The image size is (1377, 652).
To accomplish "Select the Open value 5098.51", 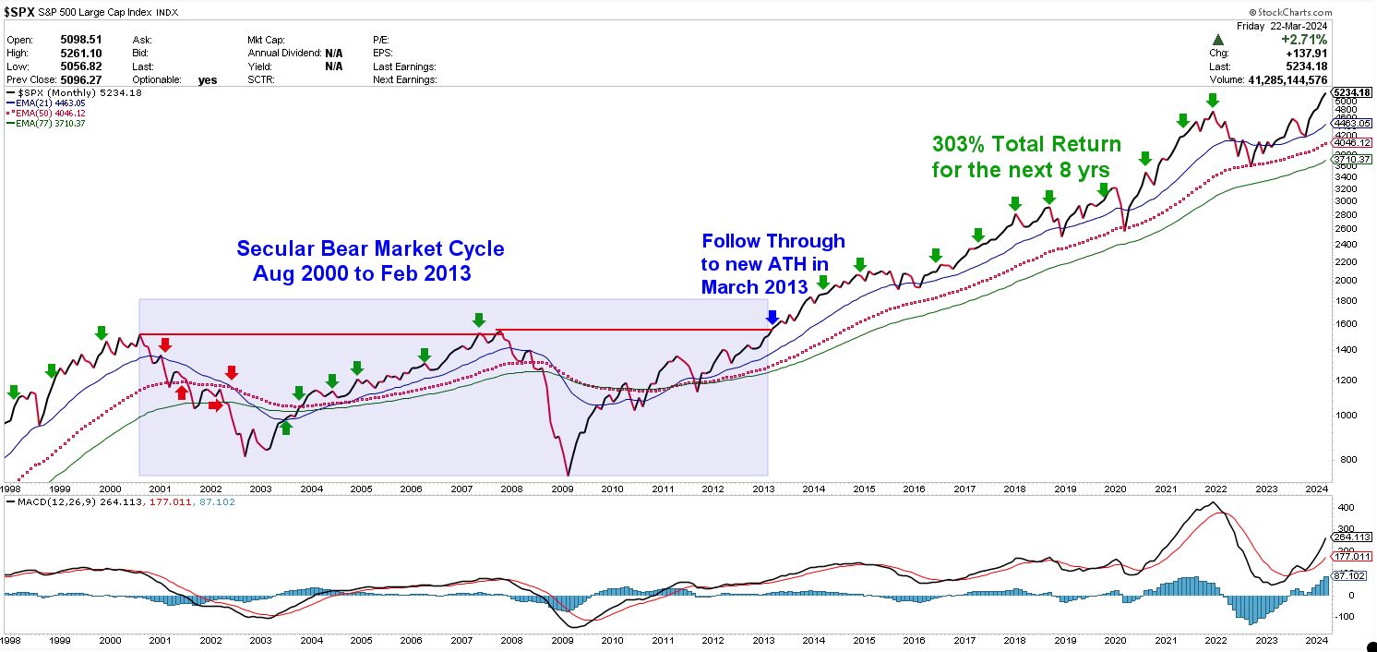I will pyautogui.click(x=81, y=40).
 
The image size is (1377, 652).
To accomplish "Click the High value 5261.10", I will pyautogui.click(x=81, y=54).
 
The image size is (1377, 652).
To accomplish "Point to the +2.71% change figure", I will pyautogui.click(x=1304, y=40).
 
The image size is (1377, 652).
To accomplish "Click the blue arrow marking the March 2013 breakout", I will pyautogui.click(x=772, y=318).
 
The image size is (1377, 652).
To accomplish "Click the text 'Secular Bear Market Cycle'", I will pyautogui.click(x=370, y=249).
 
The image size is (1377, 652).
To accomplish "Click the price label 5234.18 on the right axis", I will pyautogui.click(x=1353, y=92).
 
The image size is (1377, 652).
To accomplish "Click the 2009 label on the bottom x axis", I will pyautogui.click(x=563, y=640).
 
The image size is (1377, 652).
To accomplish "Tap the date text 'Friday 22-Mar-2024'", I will pyautogui.click(x=1282, y=26).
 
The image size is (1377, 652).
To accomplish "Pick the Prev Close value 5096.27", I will pyautogui.click(x=81, y=79).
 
